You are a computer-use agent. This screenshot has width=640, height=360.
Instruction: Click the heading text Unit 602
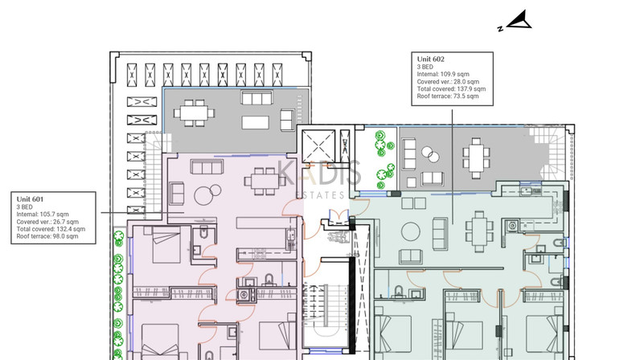click(431, 59)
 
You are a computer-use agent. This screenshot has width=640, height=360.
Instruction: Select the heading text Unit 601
click(30, 199)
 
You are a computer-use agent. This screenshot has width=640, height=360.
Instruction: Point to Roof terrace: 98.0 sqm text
click(47, 236)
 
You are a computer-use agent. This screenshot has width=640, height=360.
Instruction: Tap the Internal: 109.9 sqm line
click(443, 74)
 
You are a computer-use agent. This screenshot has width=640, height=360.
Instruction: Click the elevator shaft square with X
click(318, 145)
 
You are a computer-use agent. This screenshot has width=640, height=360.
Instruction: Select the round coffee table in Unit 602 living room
click(410, 231)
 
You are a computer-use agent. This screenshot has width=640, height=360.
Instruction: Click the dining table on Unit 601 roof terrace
click(195, 112)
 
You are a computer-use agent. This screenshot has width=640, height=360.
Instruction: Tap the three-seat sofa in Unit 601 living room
click(207, 167)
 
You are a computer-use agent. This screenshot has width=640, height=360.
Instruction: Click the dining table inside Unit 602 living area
click(479, 231)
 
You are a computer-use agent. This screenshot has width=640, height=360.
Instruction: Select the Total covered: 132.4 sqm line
click(51, 229)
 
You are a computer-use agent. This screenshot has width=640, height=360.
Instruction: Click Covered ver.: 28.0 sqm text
click(448, 82)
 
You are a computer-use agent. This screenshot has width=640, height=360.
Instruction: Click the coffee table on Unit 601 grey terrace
click(256, 122)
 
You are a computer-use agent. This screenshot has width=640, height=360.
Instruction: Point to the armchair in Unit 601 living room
click(177, 194)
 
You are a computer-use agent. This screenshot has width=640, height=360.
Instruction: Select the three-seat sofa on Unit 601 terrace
click(256, 98)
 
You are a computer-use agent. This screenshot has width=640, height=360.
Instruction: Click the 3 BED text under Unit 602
click(425, 67)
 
